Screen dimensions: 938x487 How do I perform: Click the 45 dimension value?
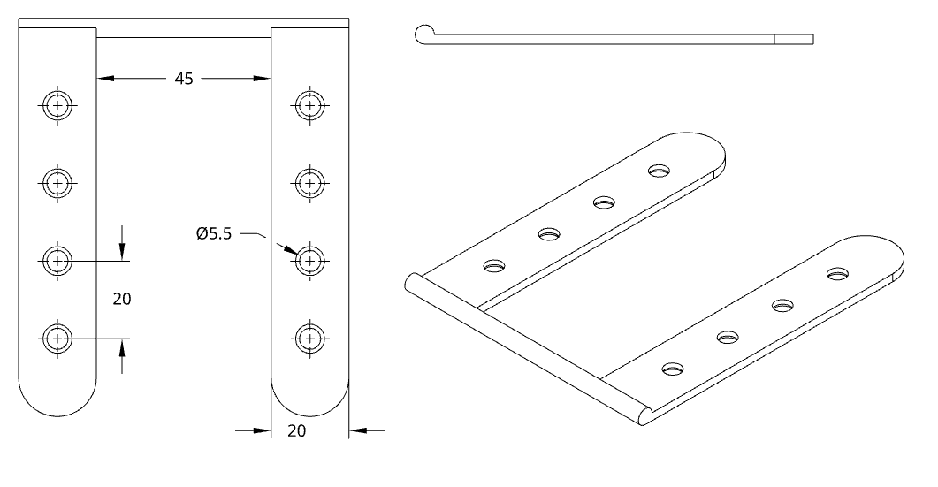tap(184, 79)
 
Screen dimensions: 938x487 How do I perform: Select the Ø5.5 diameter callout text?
tap(216, 234)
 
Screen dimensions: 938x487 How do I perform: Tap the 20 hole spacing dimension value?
tap(122, 299)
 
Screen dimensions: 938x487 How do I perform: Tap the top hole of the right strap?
tap(309, 106)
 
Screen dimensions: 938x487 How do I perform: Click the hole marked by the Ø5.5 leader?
tap(309, 260)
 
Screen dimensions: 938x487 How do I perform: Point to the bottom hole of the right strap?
tap(309, 338)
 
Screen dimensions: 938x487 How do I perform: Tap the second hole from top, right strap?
tap(309, 183)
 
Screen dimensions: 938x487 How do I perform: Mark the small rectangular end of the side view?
tap(794, 38)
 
